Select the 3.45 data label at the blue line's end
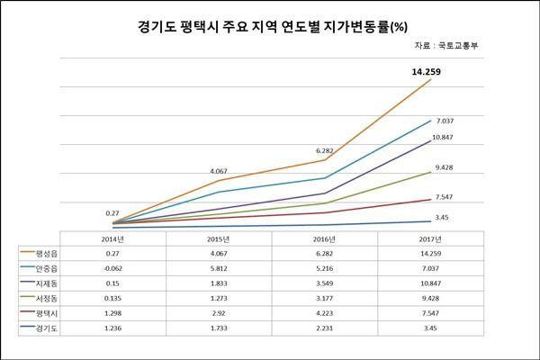point(442,218)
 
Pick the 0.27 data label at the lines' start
point(114,213)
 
